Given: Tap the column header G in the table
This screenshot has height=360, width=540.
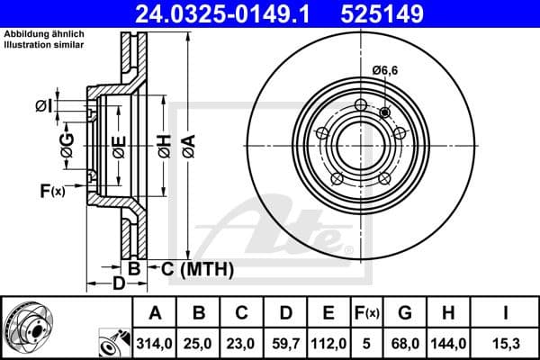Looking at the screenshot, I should tap(404, 312).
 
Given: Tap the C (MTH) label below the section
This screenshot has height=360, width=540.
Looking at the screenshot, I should tap(196, 268).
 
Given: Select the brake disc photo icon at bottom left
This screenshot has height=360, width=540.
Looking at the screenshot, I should tap(31, 326).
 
